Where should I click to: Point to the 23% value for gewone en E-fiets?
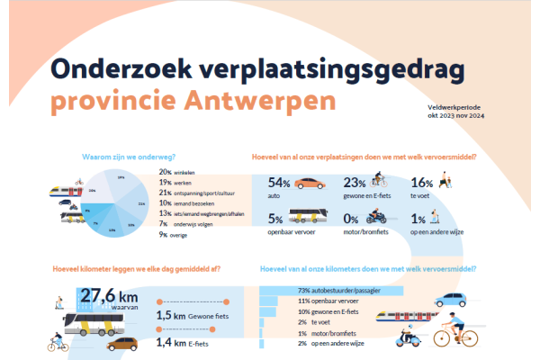click(355, 183)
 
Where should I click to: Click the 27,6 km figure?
click(110, 295)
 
